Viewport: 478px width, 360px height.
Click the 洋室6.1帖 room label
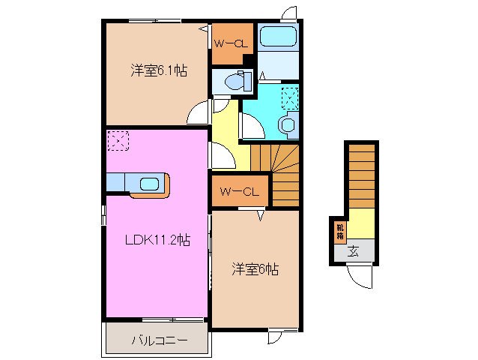click(158, 71)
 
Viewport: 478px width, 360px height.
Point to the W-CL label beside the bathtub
click(230, 43)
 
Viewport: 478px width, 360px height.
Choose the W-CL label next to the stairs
click(239, 193)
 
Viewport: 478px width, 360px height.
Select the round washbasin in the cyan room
click(288, 124)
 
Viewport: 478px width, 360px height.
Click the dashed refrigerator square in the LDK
click(118, 140)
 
